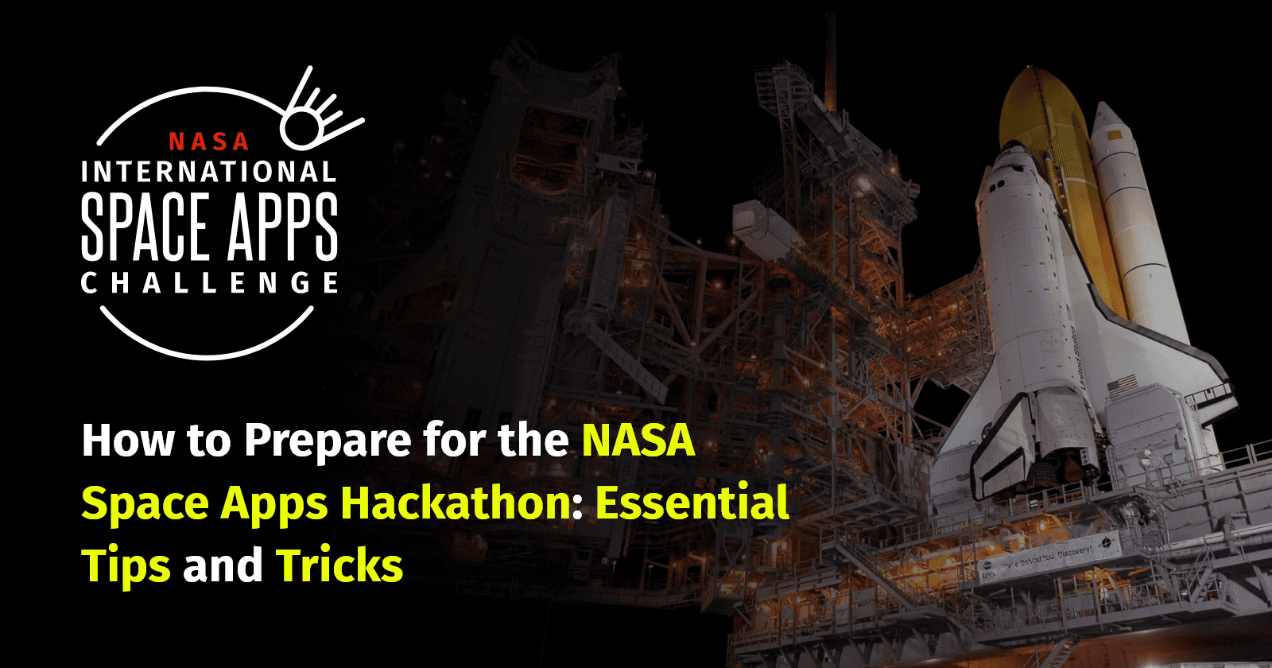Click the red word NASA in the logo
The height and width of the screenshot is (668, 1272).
[208, 142]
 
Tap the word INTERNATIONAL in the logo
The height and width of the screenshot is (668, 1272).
[208, 173]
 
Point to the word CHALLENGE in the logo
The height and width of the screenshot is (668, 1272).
[208, 283]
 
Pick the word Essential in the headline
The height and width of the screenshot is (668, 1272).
[692, 503]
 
